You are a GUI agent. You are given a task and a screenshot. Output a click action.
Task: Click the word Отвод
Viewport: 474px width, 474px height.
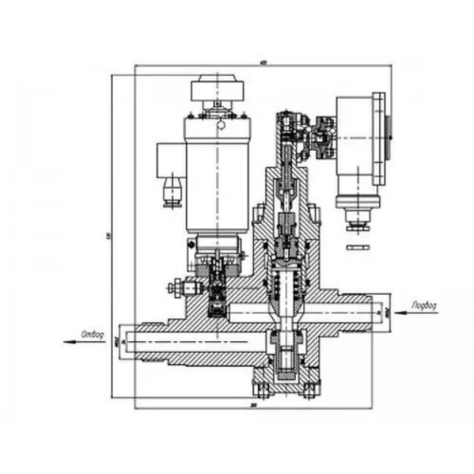(x=92, y=333)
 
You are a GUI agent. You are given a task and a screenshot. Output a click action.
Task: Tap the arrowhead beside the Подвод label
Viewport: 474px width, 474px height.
(x=400, y=312)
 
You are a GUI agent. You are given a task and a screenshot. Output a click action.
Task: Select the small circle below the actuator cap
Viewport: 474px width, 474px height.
(x=220, y=125)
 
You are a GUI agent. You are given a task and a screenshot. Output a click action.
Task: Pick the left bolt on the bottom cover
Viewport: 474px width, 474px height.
(x=260, y=388)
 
